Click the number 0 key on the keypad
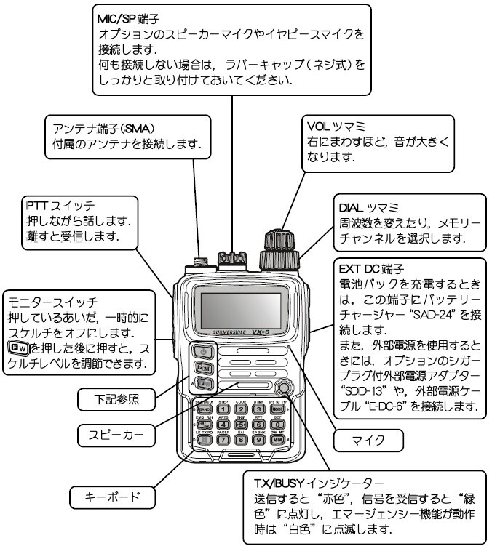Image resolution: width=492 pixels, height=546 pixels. click(x=277, y=425)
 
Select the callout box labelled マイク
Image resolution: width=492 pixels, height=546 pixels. click(x=367, y=439)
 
